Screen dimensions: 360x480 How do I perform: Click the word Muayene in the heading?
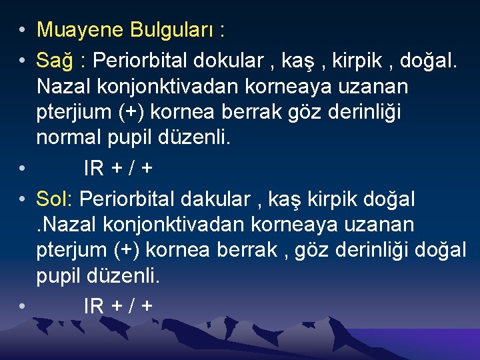click(x=80, y=30)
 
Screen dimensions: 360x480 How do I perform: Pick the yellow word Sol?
click(x=55, y=199)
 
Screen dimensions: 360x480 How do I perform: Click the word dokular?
click(x=225, y=61)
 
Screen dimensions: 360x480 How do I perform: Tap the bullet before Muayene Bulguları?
click(x=22, y=31)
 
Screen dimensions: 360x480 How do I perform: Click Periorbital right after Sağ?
click(x=140, y=61)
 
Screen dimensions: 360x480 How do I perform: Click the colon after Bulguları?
click(x=221, y=31)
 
